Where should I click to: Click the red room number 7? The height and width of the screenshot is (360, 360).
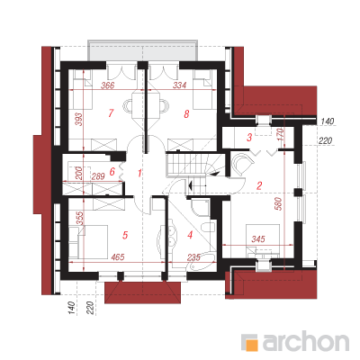[111, 113]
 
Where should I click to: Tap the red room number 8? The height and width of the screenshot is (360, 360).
[186, 114]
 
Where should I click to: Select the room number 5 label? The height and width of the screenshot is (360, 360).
[125, 235]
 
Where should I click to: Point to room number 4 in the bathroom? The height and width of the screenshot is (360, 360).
[190, 235]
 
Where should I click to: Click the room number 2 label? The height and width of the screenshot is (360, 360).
[259, 185]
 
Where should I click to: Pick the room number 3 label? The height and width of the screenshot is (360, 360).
[249, 138]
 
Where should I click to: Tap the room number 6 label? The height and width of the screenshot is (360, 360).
[112, 172]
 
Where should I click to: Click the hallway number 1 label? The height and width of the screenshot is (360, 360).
[139, 173]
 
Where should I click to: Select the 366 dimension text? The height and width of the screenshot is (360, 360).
[108, 85]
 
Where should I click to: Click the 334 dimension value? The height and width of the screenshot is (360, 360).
[180, 85]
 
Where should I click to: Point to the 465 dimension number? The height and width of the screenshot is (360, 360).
[117, 257]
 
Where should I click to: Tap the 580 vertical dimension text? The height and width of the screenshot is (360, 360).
[279, 203]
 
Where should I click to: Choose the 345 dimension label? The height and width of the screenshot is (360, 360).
[258, 239]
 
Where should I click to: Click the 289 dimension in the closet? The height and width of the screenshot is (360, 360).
[98, 175]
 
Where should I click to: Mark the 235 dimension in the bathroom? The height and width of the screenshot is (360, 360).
[193, 257]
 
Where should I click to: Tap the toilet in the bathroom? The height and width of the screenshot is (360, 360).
[208, 227]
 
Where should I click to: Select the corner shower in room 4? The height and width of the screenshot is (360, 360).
[199, 208]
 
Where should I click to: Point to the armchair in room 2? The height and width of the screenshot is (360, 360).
[242, 164]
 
